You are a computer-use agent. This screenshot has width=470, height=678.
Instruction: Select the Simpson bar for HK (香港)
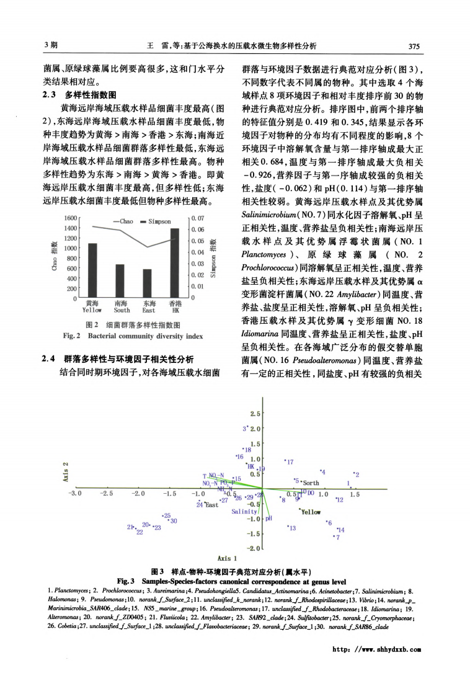point(175,263)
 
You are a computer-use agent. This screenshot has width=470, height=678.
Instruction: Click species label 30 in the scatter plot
point(174,520)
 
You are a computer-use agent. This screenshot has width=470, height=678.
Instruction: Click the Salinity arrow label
point(244,512)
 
